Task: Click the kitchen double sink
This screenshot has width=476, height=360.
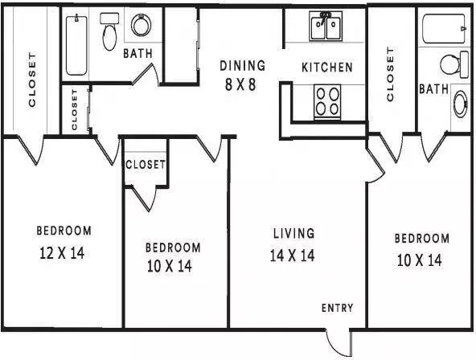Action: coord(326,26)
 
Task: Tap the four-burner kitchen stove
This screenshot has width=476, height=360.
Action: coord(327,102)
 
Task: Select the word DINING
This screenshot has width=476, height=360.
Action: coord(243,66)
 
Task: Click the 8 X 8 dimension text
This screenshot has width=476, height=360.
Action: coord(240,84)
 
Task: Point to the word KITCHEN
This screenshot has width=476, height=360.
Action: coord(327,67)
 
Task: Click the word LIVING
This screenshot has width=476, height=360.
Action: coord(293,233)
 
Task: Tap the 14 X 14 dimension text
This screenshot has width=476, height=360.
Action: coord(293,256)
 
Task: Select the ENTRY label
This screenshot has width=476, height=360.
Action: coord(337,308)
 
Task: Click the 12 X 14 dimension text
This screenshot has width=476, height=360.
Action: coord(62,253)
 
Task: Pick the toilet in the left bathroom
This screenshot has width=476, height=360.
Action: coord(109,31)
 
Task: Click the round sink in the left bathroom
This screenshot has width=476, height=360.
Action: coord(142,25)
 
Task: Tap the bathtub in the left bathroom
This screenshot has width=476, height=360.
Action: coord(76,45)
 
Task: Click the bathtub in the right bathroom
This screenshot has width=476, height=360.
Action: coord(444,28)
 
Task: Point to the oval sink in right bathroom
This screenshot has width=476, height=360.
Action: coord(460,104)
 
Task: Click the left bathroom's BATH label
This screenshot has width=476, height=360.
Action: coord(137,54)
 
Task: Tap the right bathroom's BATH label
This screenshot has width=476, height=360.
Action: coord(434,89)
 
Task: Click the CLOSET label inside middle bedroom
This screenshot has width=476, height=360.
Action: coord(146,165)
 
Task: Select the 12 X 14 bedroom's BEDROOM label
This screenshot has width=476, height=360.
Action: coord(64,231)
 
